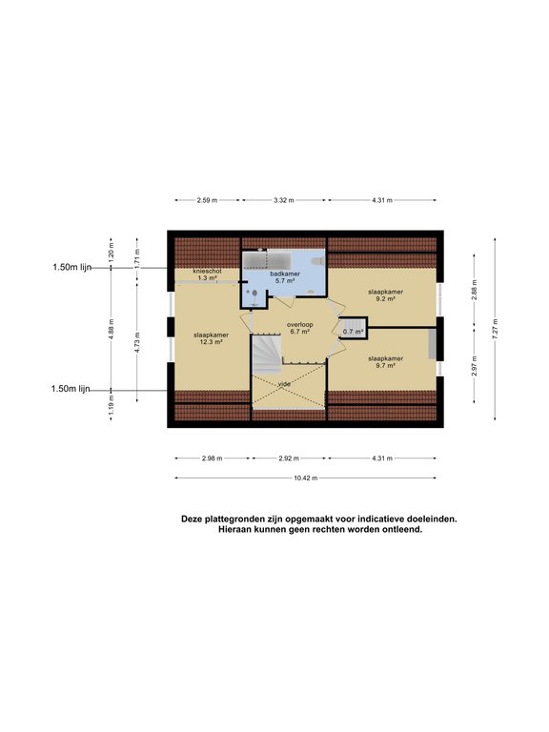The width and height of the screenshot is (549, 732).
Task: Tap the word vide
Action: coord(284,383)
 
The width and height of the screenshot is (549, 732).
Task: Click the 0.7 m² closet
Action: coord(355,330)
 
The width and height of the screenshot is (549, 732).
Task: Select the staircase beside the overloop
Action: coord(266,353)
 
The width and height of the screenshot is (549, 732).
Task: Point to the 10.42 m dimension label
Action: coord(306,478)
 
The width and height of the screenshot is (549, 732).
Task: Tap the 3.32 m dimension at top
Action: coord(283,200)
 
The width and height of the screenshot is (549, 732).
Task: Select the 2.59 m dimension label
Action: coord(207,200)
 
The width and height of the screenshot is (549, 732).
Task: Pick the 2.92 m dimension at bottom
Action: coord(289,458)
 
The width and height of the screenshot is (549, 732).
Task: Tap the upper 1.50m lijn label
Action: coord(71,268)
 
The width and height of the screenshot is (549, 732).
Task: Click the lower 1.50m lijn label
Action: coord(71,389)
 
